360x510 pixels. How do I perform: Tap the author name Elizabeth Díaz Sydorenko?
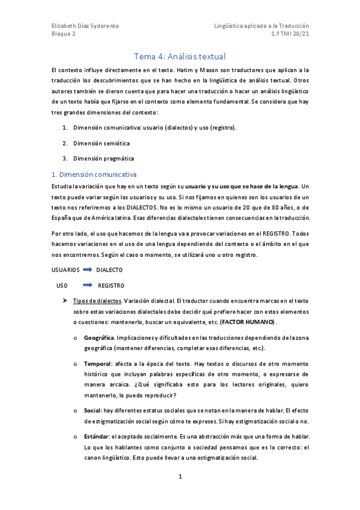pyautogui.click(x=84, y=26)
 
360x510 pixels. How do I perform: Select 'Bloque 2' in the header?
pyautogui.click(x=63, y=35)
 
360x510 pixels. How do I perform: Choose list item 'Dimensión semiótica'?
pyautogui.click(x=102, y=144)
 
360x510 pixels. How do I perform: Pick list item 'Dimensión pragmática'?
pyautogui.click(x=103, y=158)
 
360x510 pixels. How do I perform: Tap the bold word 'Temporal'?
pyautogui.click(x=97, y=364)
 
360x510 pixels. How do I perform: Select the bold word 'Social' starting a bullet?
pyautogui.click(x=93, y=410)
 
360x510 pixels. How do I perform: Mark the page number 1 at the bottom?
pyautogui.click(x=180, y=477)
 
